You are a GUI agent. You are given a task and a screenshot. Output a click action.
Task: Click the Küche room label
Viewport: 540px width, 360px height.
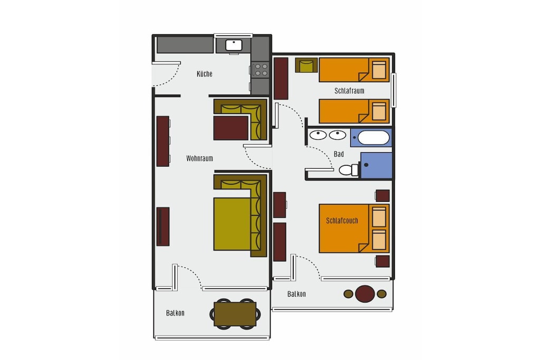(205, 74)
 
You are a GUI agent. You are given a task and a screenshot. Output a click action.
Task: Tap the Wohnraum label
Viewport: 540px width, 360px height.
(199, 158)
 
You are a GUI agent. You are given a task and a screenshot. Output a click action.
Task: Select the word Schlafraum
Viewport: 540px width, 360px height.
(349, 91)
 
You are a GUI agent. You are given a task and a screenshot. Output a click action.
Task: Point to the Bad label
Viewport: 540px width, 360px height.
(339, 154)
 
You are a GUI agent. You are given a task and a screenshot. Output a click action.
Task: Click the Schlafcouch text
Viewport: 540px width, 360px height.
(342, 221)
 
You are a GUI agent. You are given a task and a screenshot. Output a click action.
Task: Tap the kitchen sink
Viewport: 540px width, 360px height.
(234, 45)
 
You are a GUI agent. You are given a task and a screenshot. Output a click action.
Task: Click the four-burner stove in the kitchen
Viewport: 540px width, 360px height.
(261, 70)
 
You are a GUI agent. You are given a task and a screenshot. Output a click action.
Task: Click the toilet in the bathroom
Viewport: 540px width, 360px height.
(349, 170)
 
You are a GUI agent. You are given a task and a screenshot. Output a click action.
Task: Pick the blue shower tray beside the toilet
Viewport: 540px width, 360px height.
(376, 166)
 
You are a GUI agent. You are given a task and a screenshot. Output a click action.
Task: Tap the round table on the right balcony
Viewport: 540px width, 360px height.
(365, 294)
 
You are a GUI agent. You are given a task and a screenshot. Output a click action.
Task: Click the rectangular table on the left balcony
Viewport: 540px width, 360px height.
(235, 314)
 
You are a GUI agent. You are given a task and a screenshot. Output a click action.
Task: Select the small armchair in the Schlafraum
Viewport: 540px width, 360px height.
(306, 65)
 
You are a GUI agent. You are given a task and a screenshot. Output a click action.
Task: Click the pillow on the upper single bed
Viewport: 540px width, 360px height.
(379, 70)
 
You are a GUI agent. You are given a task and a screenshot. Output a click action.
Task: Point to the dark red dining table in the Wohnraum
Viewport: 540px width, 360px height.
(231, 128)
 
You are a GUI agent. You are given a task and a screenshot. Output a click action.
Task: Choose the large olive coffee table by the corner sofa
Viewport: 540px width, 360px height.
(232, 223)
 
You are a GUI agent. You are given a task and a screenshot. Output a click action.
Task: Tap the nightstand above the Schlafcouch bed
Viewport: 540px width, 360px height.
(383, 196)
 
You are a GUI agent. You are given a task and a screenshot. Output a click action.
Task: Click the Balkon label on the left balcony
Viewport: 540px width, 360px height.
(175, 313)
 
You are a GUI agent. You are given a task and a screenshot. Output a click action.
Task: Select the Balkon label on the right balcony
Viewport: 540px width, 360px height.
(296, 294)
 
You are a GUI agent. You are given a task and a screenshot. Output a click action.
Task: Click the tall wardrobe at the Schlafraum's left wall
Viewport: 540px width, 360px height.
(281, 79)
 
